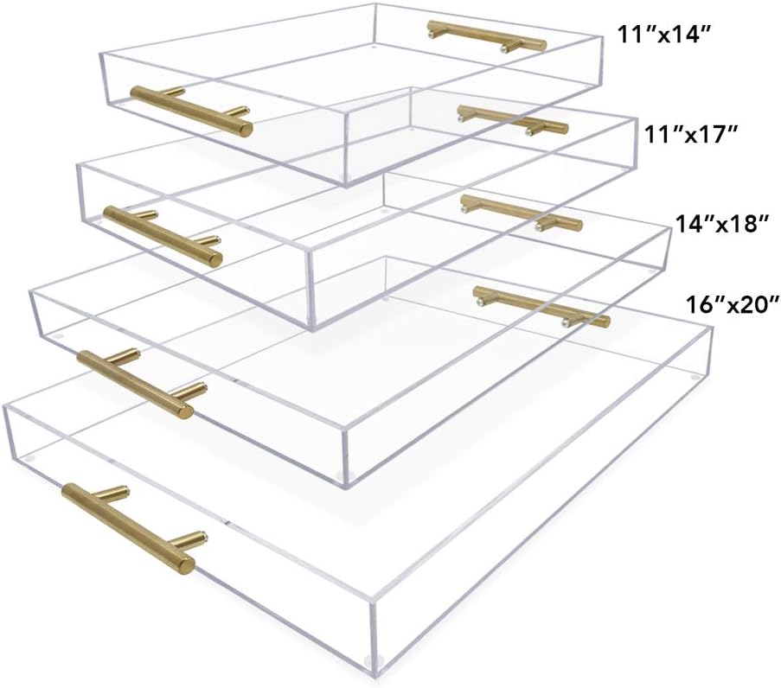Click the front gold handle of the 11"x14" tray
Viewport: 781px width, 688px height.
coord(191,111)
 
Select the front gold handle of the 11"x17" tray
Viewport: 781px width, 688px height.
coord(163,233)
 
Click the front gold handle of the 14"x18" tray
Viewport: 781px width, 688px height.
coord(135,382)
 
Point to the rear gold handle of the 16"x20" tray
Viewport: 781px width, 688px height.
coord(541,307)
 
